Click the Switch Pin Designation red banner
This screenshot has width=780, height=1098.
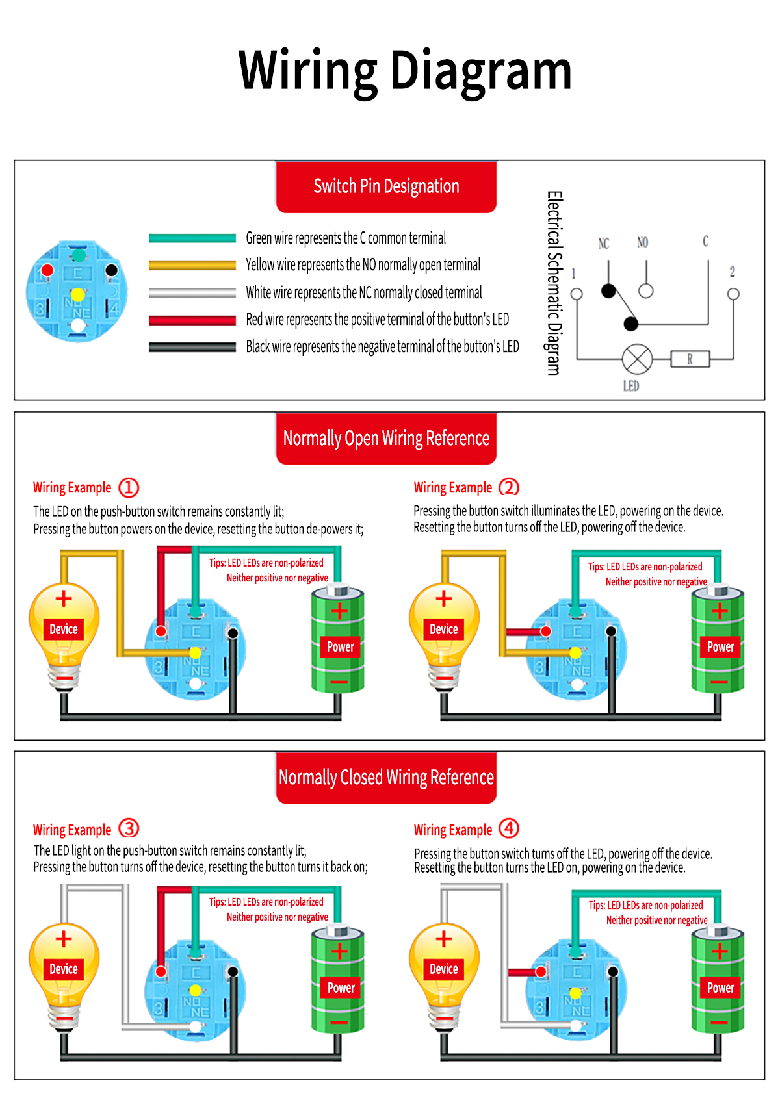pyautogui.click(x=386, y=186)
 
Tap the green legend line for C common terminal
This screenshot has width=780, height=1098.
pyautogui.click(x=192, y=238)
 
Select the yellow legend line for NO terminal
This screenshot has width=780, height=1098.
pyautogui.click(x=192, y=265)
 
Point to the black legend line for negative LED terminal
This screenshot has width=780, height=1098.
pyautogui.click(x=192, y=347)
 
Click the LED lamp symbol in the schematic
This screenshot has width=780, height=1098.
pyautogui.click(x=637, y=359)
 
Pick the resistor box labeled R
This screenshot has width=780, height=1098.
pyautogui.click(x=690, y=359)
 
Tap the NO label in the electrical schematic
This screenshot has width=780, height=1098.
pyautogui.click(x=642, y=242)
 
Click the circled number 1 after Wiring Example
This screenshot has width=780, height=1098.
pyautogui.click(x=129, y=487)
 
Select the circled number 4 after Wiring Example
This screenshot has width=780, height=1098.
pyautogui.click(x=509, y=828)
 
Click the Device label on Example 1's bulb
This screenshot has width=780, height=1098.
pyautogui.click(x=64, y=629)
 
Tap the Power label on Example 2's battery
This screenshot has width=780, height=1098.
pyautogui.click(x=720, y=646)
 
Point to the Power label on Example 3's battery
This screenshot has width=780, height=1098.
pyautogui.click(x=341, y=988)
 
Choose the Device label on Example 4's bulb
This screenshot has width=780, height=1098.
pyautogui.click(x=444, y=969)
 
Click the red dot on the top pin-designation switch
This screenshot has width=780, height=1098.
pyautogui.click(x=47, y=270)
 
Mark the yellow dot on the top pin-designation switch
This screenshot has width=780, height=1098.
pyautogui.click(x=78, y=295)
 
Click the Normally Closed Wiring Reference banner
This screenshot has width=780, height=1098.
pyautogui.click(x=386, y=777)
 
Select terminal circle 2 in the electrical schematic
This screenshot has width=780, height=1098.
pyautogui.click(x=733, y=294)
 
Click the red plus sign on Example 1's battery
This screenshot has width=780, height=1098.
pyautogui.click(x=339, y=611)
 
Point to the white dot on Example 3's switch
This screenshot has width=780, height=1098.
pyautogui.click(x=195, y=1027)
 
